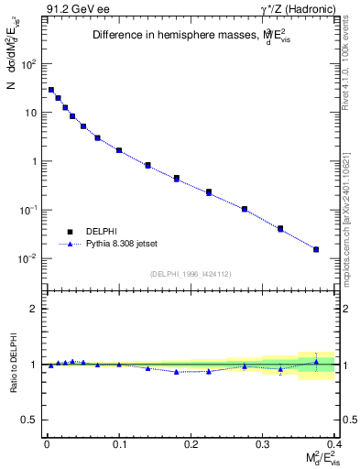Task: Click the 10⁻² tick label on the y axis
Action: coord(28,258)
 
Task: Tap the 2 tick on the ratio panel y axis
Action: coord(35,309)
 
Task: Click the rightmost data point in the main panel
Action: coord(316,249)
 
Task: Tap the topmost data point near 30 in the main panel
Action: coord(51,90)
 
